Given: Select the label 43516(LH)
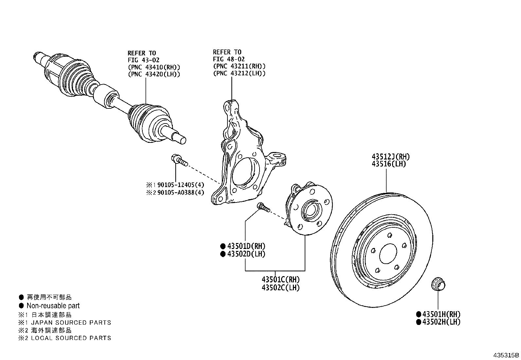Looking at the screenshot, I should coord(388,164).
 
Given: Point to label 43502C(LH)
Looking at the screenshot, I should coord(280,288).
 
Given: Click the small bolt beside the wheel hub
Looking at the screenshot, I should coord(263,207).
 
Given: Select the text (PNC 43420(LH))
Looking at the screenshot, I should coord(154,74).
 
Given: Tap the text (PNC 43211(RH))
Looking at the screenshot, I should coord(239,66).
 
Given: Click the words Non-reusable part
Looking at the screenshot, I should coord(53,306).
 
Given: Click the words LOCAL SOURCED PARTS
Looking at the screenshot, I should coord(71,338).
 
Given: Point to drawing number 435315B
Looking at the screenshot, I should coord(506,355).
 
